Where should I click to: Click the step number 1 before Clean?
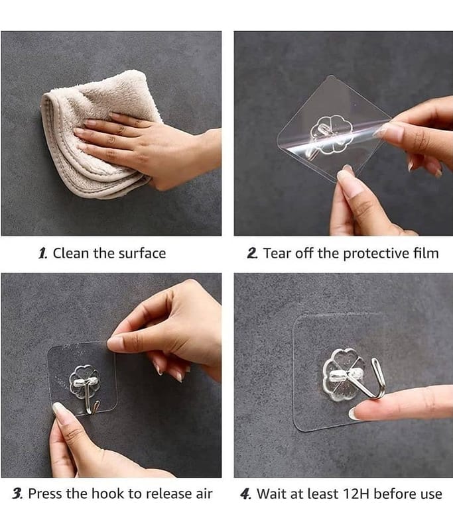42,254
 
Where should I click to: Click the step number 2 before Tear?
252,254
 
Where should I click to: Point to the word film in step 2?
426,253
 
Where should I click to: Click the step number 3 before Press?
18,494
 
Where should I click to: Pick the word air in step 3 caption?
204,494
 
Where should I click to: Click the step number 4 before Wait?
245,494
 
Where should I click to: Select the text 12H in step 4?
356,494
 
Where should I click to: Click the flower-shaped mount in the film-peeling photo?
331,134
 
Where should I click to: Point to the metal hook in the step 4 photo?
378,378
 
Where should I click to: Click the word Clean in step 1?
71,254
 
